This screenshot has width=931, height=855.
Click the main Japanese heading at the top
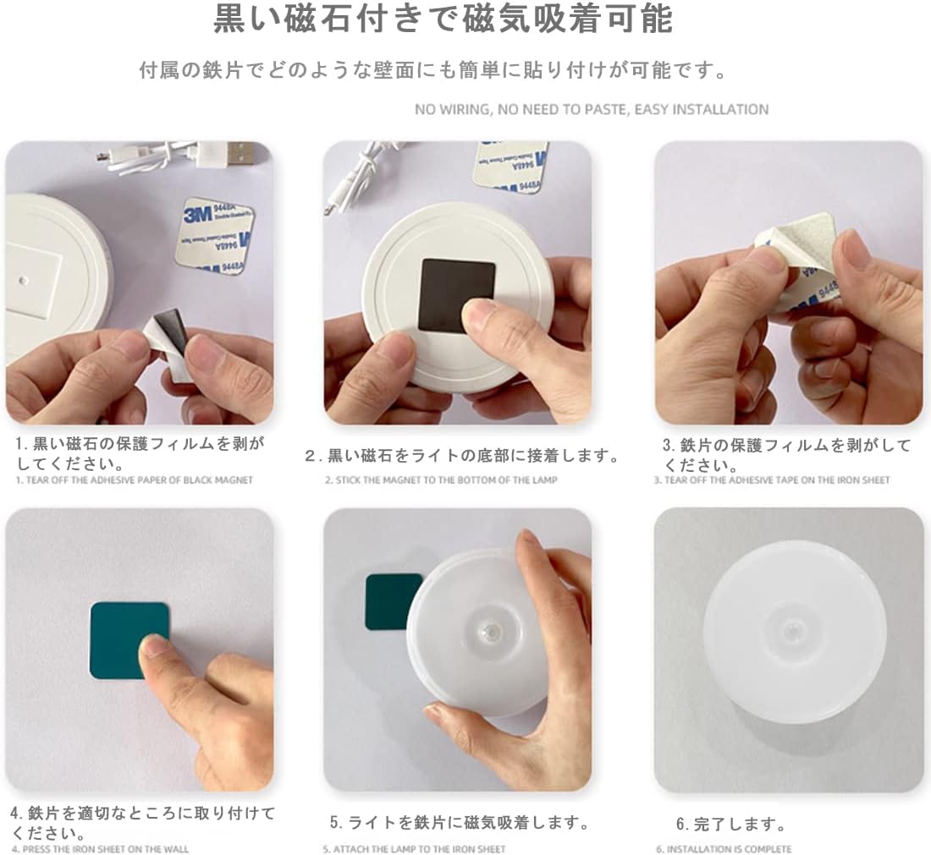tap(443, 19)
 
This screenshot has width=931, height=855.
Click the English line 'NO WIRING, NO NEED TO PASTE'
tap(522, 110)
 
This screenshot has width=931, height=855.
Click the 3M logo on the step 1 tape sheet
tap(197, 213)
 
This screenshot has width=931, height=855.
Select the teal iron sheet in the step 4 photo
tap(129, 640)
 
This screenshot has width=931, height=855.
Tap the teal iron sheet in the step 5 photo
tap(389, 601)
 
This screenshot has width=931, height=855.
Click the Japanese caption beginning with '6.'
tap(731, 825)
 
